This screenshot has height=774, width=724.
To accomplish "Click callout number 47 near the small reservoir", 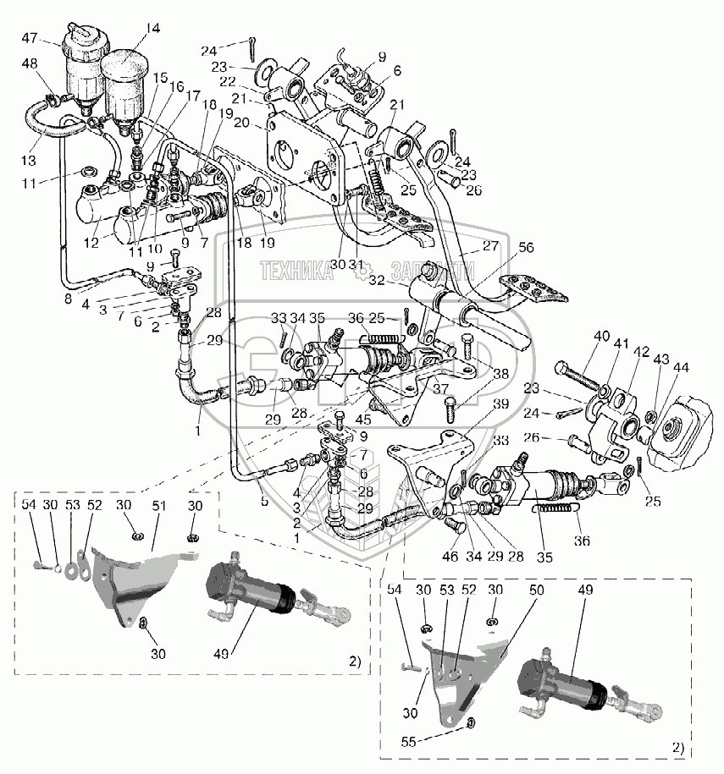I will pos(30,37).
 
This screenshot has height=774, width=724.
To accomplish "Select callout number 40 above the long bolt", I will pos(600,336).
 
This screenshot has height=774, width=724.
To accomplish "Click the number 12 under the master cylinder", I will pos(91,242).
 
